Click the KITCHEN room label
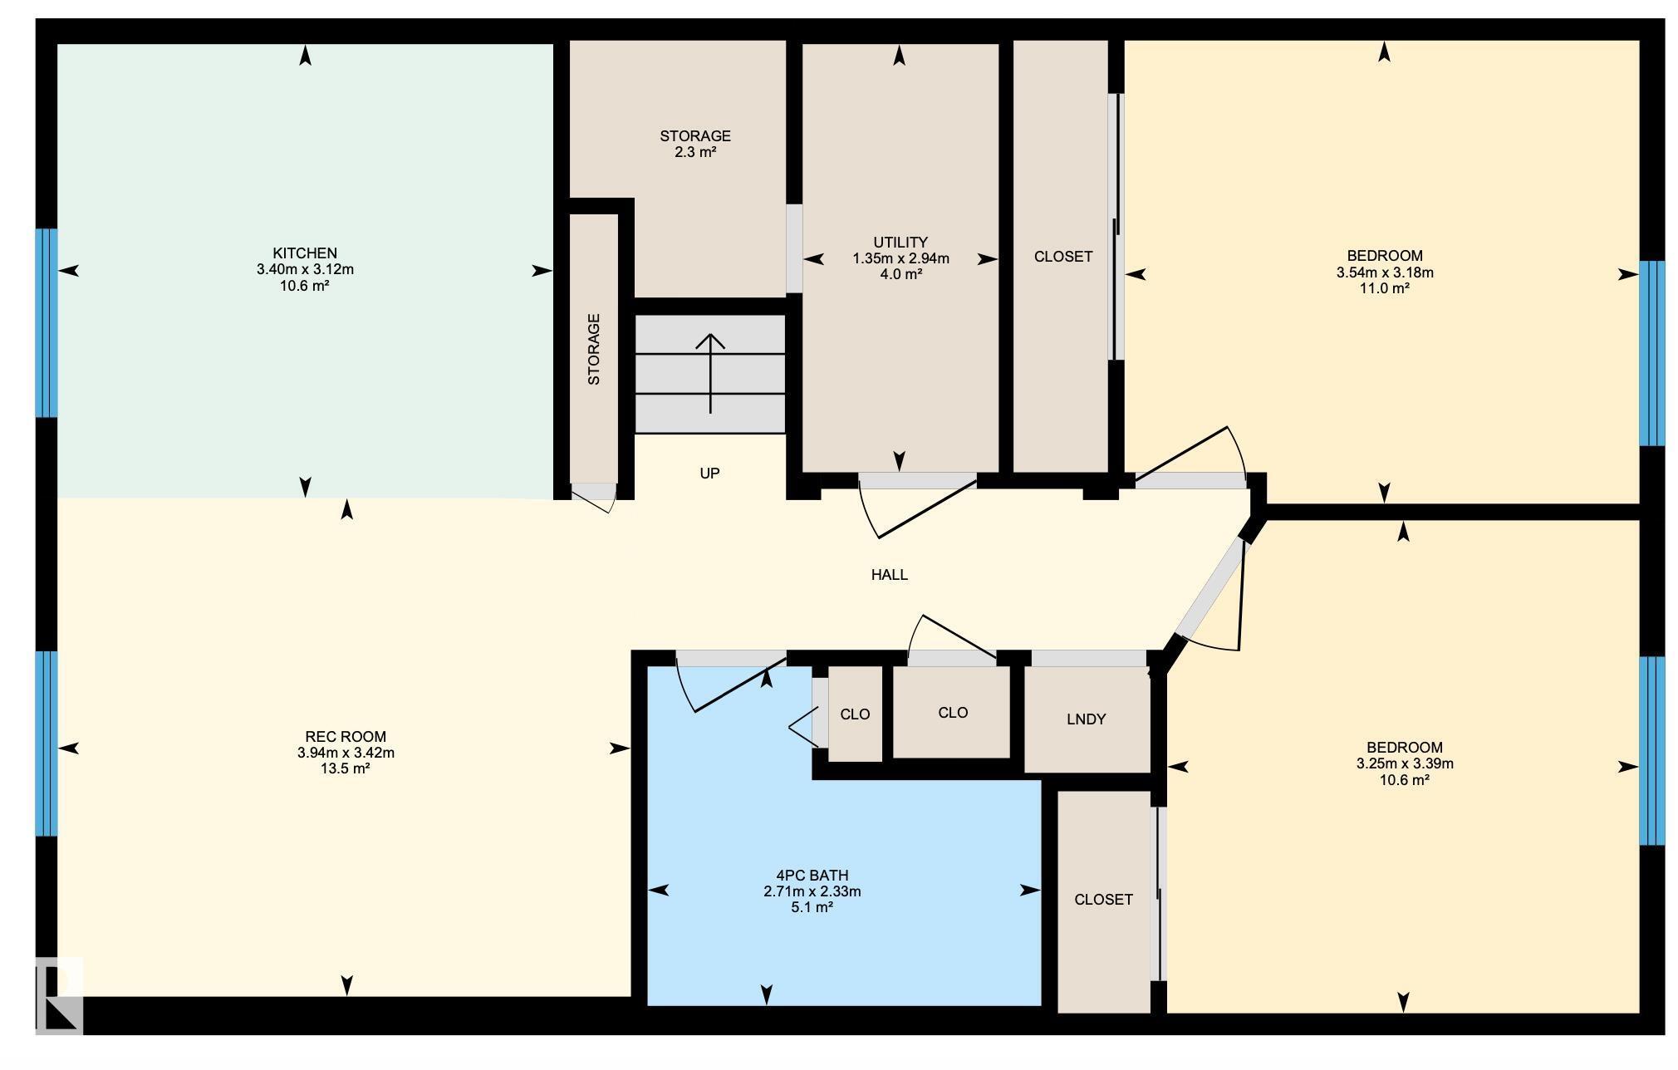(x=305, y=253)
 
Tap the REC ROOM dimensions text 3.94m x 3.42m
(x=346, y=753)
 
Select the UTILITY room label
(x=900, y=243)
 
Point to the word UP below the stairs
(x=709, y=474)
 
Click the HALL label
(x=889, y=575)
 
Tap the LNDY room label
(x=1086, y=719)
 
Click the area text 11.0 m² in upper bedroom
(x=1384, y=289)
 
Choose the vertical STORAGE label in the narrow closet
(x=594, y=349)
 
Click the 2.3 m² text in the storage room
(x=695, y=153)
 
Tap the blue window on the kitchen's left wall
(x=47, y=322)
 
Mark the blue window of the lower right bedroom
(x=1651, y=750)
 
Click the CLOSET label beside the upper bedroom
(x=1062, y=258)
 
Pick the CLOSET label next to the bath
(x=1103, y=900)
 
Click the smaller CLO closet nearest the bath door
(x=855, y=714)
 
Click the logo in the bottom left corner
(x=59, y=995)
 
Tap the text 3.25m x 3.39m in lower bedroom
(x=1405, y=764)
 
